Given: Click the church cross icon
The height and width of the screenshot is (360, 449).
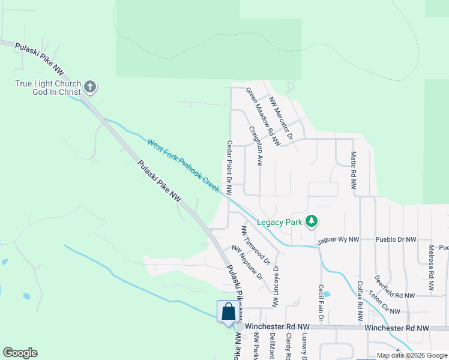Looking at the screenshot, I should [90, 88].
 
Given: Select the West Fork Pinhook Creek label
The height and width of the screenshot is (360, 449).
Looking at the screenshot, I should [184, 165].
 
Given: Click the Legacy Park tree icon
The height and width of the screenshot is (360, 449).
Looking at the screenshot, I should [311, 222].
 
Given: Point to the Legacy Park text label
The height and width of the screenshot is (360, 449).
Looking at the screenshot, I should [279, 222].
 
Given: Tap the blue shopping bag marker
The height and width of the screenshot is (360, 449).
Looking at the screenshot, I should [228, 313].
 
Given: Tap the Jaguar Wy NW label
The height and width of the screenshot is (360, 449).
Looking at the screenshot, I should [337, 239].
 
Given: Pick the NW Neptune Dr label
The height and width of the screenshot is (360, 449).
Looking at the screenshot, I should [247, 263].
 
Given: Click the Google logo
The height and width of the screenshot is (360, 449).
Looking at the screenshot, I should [20, 353].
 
